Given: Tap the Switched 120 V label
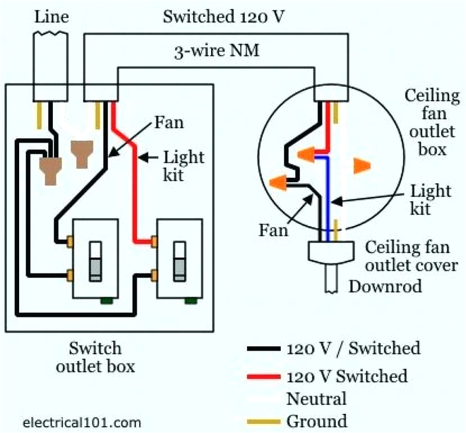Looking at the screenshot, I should coord(223,16).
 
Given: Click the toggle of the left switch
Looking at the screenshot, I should coord(96,260).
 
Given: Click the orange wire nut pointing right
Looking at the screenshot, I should coord(361,165).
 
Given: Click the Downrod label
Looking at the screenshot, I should coord(385,286).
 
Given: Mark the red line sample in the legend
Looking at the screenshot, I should coord(263,375).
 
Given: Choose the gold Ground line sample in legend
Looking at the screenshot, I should coord(263,421).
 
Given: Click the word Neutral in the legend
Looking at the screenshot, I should coord(316,399).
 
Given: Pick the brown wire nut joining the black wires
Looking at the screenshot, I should coord(52,169).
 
